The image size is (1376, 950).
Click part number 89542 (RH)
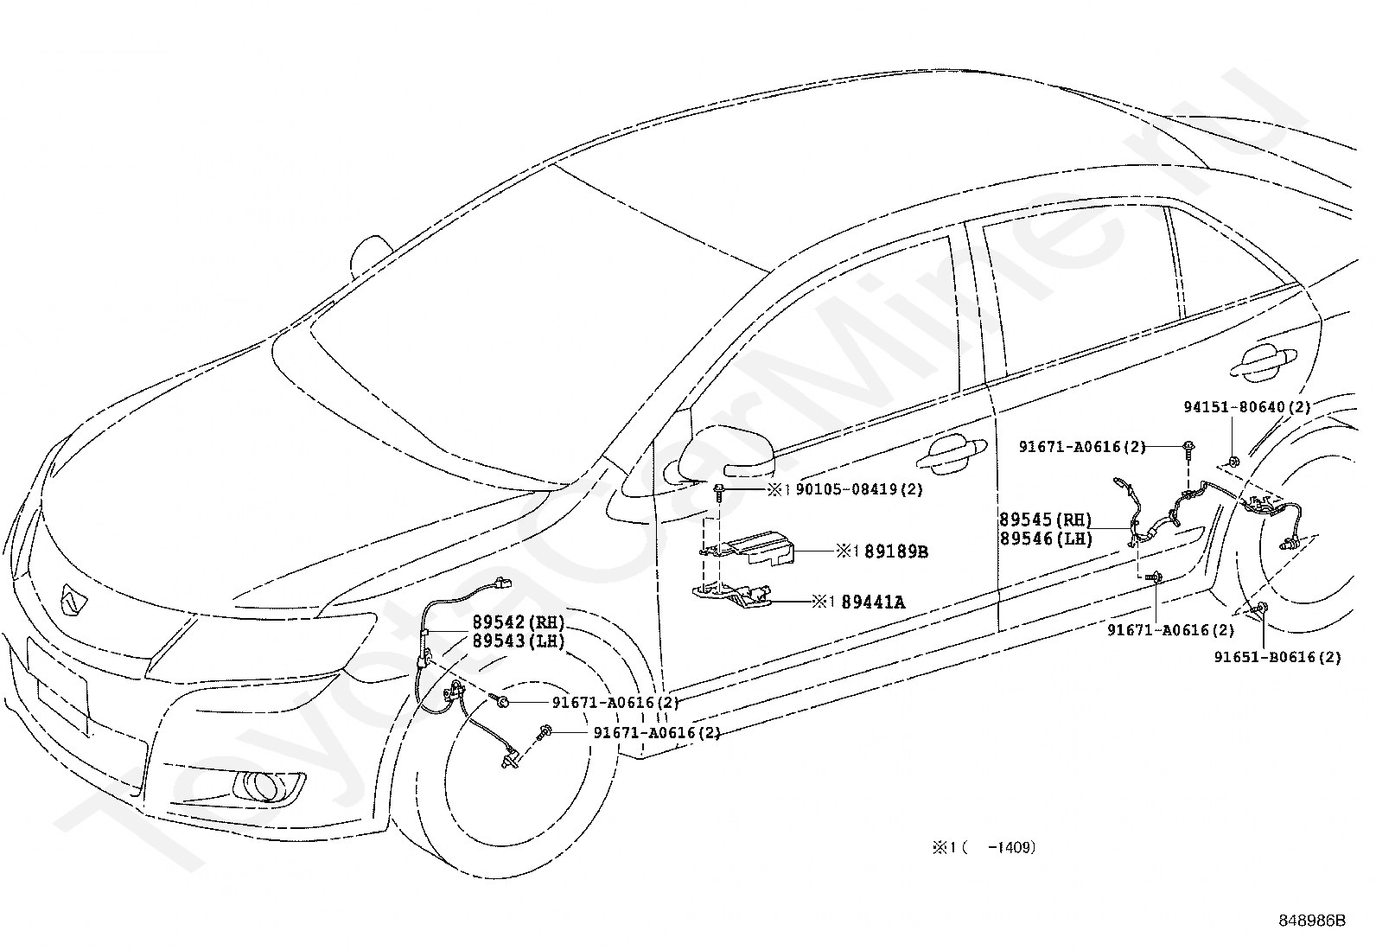(x=518, y=622)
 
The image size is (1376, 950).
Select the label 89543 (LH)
(x=518, y=641)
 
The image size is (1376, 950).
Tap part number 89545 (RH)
(x=1046, y=520)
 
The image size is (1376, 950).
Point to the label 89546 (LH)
(x=1046, y=539)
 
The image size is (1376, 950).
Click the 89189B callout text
(x=895, y=552)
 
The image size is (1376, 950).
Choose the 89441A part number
(x=872, y=603)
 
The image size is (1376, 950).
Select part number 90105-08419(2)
(x=859, y=490)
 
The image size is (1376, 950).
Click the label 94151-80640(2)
(x=1247, y=407)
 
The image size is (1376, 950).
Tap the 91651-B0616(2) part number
(x=1277, y=657)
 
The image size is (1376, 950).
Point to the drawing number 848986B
(x=1312, y=920)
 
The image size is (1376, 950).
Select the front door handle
(x=951, y=454)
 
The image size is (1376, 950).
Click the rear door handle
(x=1264, y=362)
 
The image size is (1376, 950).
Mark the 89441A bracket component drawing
(x=732, y=596)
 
